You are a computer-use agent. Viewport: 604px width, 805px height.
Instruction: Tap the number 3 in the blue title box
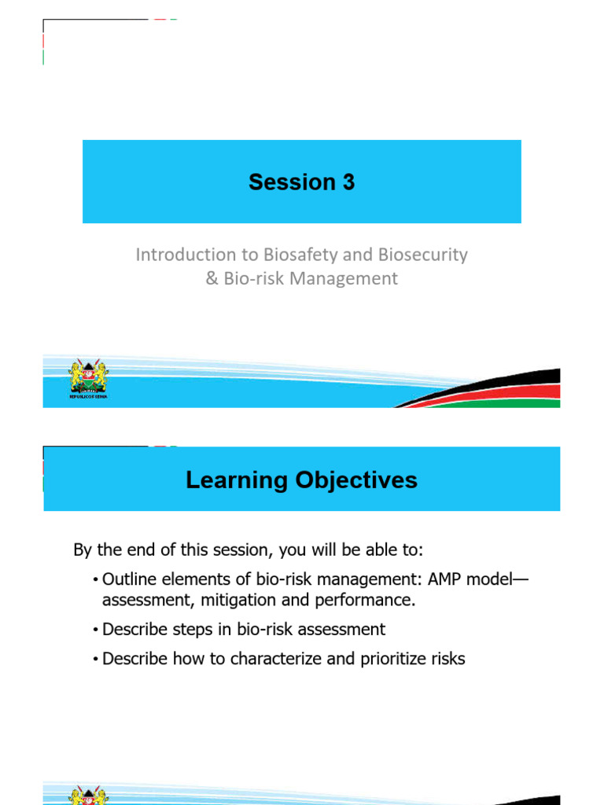(x=347, y=182)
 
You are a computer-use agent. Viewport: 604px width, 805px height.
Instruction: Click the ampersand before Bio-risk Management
(x=211, y=278)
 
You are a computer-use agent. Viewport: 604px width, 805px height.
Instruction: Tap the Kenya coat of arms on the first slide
(x=89, y=377)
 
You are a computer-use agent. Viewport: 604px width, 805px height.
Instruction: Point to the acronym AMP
(x=447, y=579)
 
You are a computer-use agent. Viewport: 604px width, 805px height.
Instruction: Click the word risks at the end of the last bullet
(x=447, y=659)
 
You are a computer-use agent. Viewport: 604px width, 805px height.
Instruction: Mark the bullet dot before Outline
(x=94, y=580)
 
